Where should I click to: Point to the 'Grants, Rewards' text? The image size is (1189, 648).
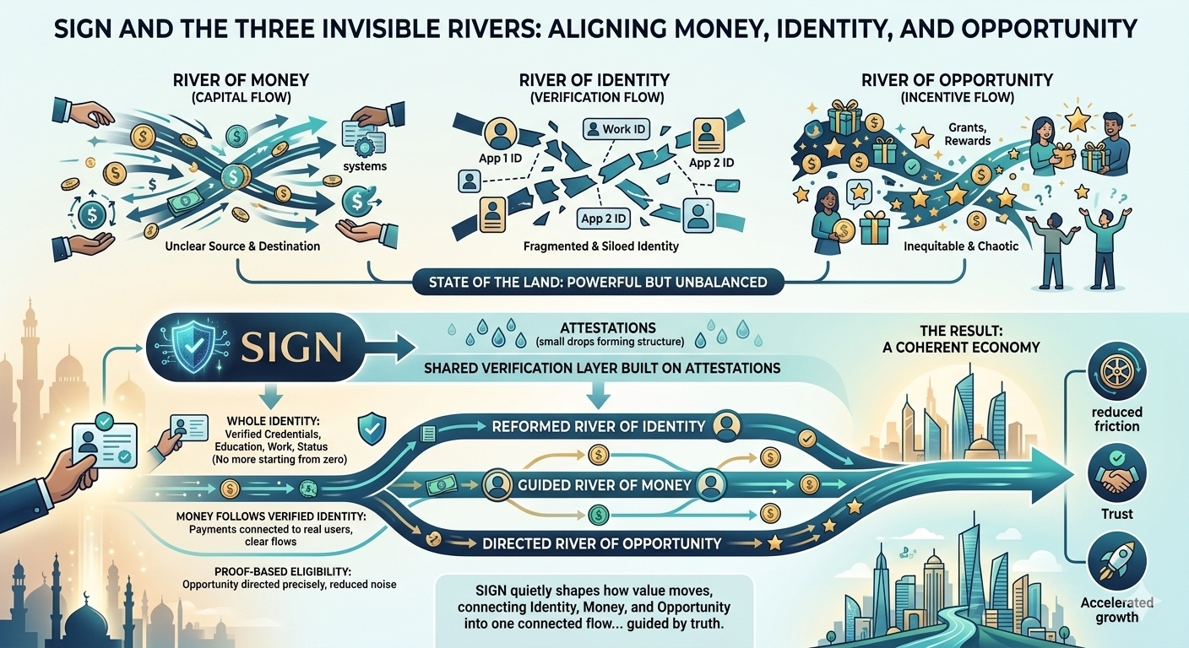point(968,133)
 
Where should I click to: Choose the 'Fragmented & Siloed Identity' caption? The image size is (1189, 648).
point(601,246)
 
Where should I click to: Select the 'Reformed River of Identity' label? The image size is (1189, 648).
point(598,426)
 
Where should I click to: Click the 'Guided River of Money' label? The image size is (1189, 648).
point(604,485)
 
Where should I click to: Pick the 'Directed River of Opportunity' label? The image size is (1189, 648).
point(601,543)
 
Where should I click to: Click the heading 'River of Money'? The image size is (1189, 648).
point(241,80)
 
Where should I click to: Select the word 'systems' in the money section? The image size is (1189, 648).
point(365,166)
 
